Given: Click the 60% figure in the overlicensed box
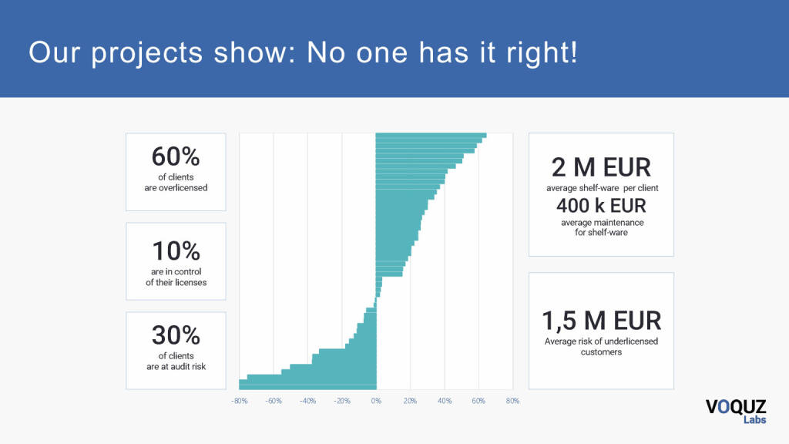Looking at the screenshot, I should [x=176, y=157].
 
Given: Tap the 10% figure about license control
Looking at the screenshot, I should [x=176, y=251].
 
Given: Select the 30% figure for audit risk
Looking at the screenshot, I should [x=176, y=335].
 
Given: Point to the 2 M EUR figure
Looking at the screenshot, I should [x=601, y=167].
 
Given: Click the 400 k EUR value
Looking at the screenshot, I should [x=601, y=206].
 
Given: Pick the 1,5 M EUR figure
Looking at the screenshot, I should [x=601, y=321].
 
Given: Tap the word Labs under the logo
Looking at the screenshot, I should [x=754, y=420].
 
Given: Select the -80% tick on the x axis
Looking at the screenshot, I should [x=239, y=401].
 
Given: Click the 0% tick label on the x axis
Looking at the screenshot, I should [x=376, y=401].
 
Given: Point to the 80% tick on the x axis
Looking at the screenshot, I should [x=512, y=401].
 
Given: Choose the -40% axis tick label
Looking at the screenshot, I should [x=307, y=401].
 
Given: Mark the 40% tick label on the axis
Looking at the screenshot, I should [x=444, y=401].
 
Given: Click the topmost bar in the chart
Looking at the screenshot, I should [x=431, y=136].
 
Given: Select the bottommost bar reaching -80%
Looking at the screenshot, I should [x=307, y=385].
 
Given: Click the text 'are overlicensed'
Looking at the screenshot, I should [x=176, y=187].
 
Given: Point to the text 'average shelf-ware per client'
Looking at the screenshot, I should [x=602, y=188].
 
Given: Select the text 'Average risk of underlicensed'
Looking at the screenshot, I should [x=601, y=341].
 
